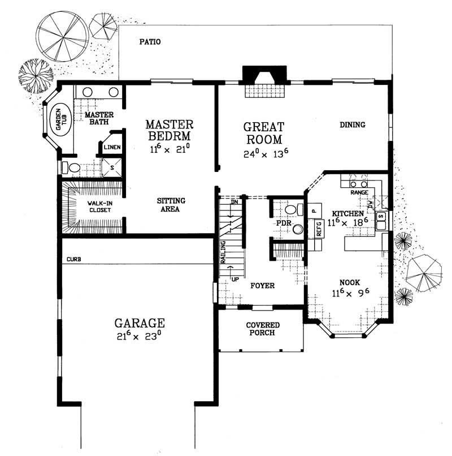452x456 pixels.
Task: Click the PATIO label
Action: pos(150,42)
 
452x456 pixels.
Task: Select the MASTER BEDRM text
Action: pos(169,130)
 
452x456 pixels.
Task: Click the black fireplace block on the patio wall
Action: pos(264,75)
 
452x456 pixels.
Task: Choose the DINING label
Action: pos(353,125)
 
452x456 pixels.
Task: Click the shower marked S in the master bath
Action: pos(111,167)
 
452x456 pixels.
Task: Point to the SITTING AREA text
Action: pos(171,205)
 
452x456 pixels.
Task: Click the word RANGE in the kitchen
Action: pos(360,192)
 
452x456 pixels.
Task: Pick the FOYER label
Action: pos(262,286)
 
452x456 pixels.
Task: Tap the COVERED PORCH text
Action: pos(260,329)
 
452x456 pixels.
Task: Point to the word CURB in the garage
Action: pos(73,259)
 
